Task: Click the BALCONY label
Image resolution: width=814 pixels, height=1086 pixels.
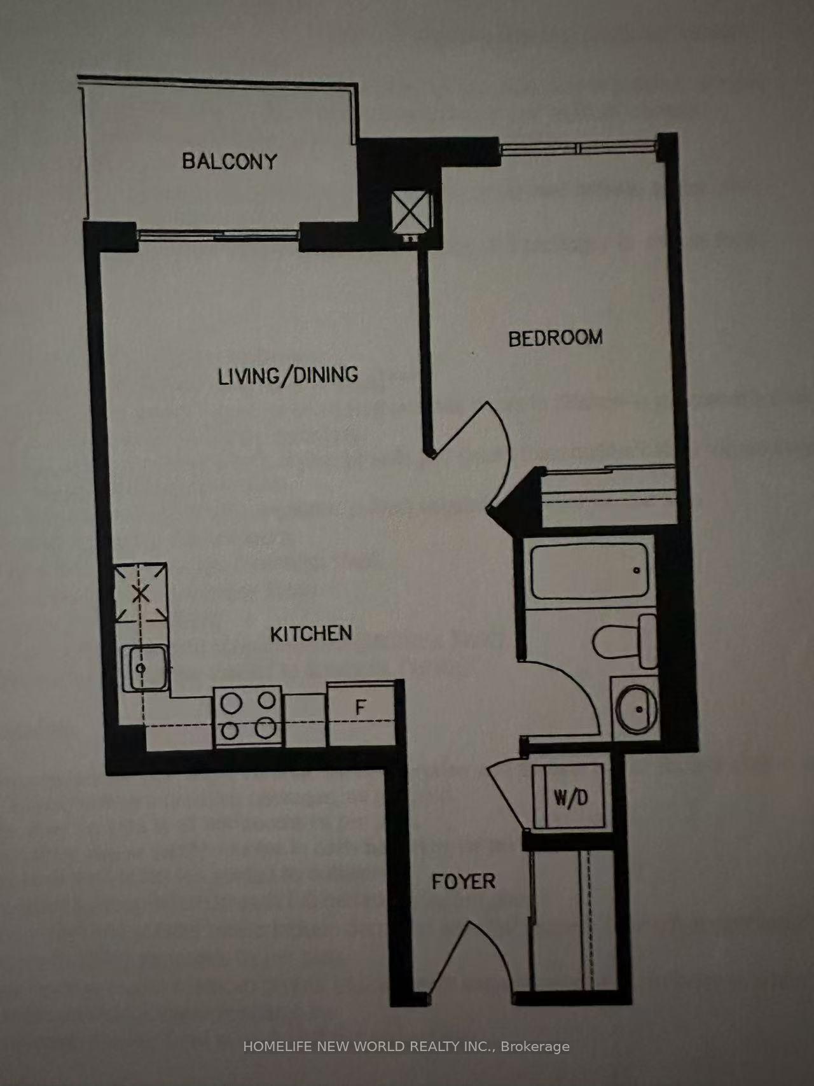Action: pos(230,160)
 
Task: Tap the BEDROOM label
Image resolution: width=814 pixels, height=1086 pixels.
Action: pos(555,338)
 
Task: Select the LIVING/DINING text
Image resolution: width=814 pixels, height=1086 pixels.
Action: pos(287,375)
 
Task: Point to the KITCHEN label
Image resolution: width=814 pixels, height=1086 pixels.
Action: pos(311,634)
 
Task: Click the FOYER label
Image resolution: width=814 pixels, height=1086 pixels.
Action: pos(463,881)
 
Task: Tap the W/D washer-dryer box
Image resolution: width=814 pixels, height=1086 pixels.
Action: pos(569,797)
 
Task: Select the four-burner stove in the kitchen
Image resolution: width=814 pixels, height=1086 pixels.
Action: pos(249,716)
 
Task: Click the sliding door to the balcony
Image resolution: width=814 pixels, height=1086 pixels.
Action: pos(219,234)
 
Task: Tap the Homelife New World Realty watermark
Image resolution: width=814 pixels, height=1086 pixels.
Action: pos(406,1047)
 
